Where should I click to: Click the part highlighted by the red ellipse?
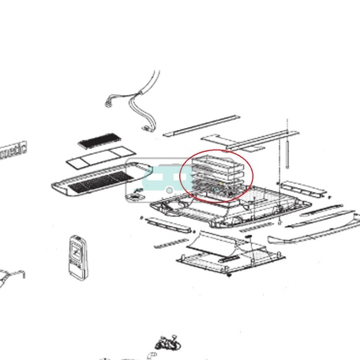click(217, 176)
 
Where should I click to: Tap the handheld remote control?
click(75, 255)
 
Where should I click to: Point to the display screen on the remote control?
click(75, 247)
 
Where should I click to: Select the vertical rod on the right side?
click(287, 148)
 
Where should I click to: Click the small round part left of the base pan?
click(133, 200)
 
